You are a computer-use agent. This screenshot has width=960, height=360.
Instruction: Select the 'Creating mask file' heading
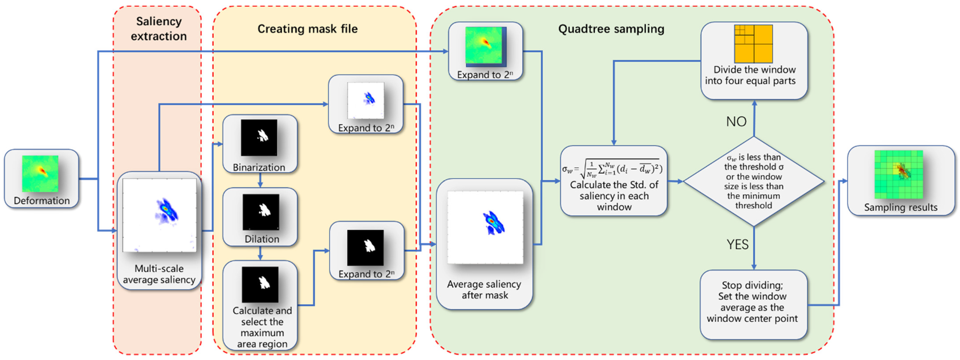tap(308, 29)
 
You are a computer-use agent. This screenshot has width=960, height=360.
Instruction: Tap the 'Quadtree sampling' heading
tap(611, 29)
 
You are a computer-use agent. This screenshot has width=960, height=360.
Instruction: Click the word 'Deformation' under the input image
tap(42, 201)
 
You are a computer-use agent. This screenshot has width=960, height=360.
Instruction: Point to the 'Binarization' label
tap(259, 167)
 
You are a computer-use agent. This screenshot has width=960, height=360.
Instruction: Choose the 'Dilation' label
tap(262, 239)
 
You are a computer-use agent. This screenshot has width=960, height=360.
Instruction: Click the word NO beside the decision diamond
tap(736, 121)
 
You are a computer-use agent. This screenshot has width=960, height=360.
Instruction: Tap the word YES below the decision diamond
tap(737, 244)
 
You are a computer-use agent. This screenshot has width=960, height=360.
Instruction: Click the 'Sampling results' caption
tap(901, 207)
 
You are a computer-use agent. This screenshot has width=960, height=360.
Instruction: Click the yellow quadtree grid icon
tap(753, 44)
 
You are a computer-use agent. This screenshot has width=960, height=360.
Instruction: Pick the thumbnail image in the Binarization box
tap(259, 138)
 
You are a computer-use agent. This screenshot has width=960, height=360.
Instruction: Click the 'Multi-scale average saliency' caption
tap(159, 274)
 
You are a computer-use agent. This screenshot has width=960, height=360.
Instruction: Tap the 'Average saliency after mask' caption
tap(484, 290)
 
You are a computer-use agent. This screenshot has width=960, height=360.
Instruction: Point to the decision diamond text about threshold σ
tap(754, 181)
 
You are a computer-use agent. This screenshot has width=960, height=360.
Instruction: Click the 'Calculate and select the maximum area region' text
tap(262, 327)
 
